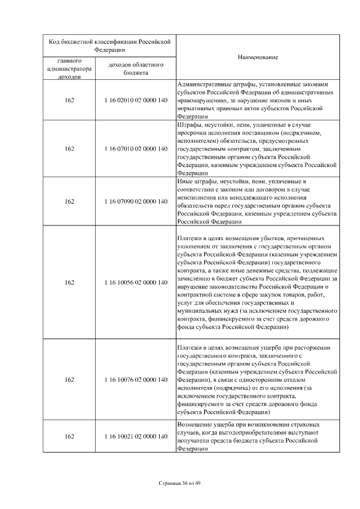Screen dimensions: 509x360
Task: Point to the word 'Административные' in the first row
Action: coord(202,84)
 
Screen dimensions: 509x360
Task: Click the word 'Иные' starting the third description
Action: coord(184,182)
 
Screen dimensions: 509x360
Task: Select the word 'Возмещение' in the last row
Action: coord(194,424)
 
